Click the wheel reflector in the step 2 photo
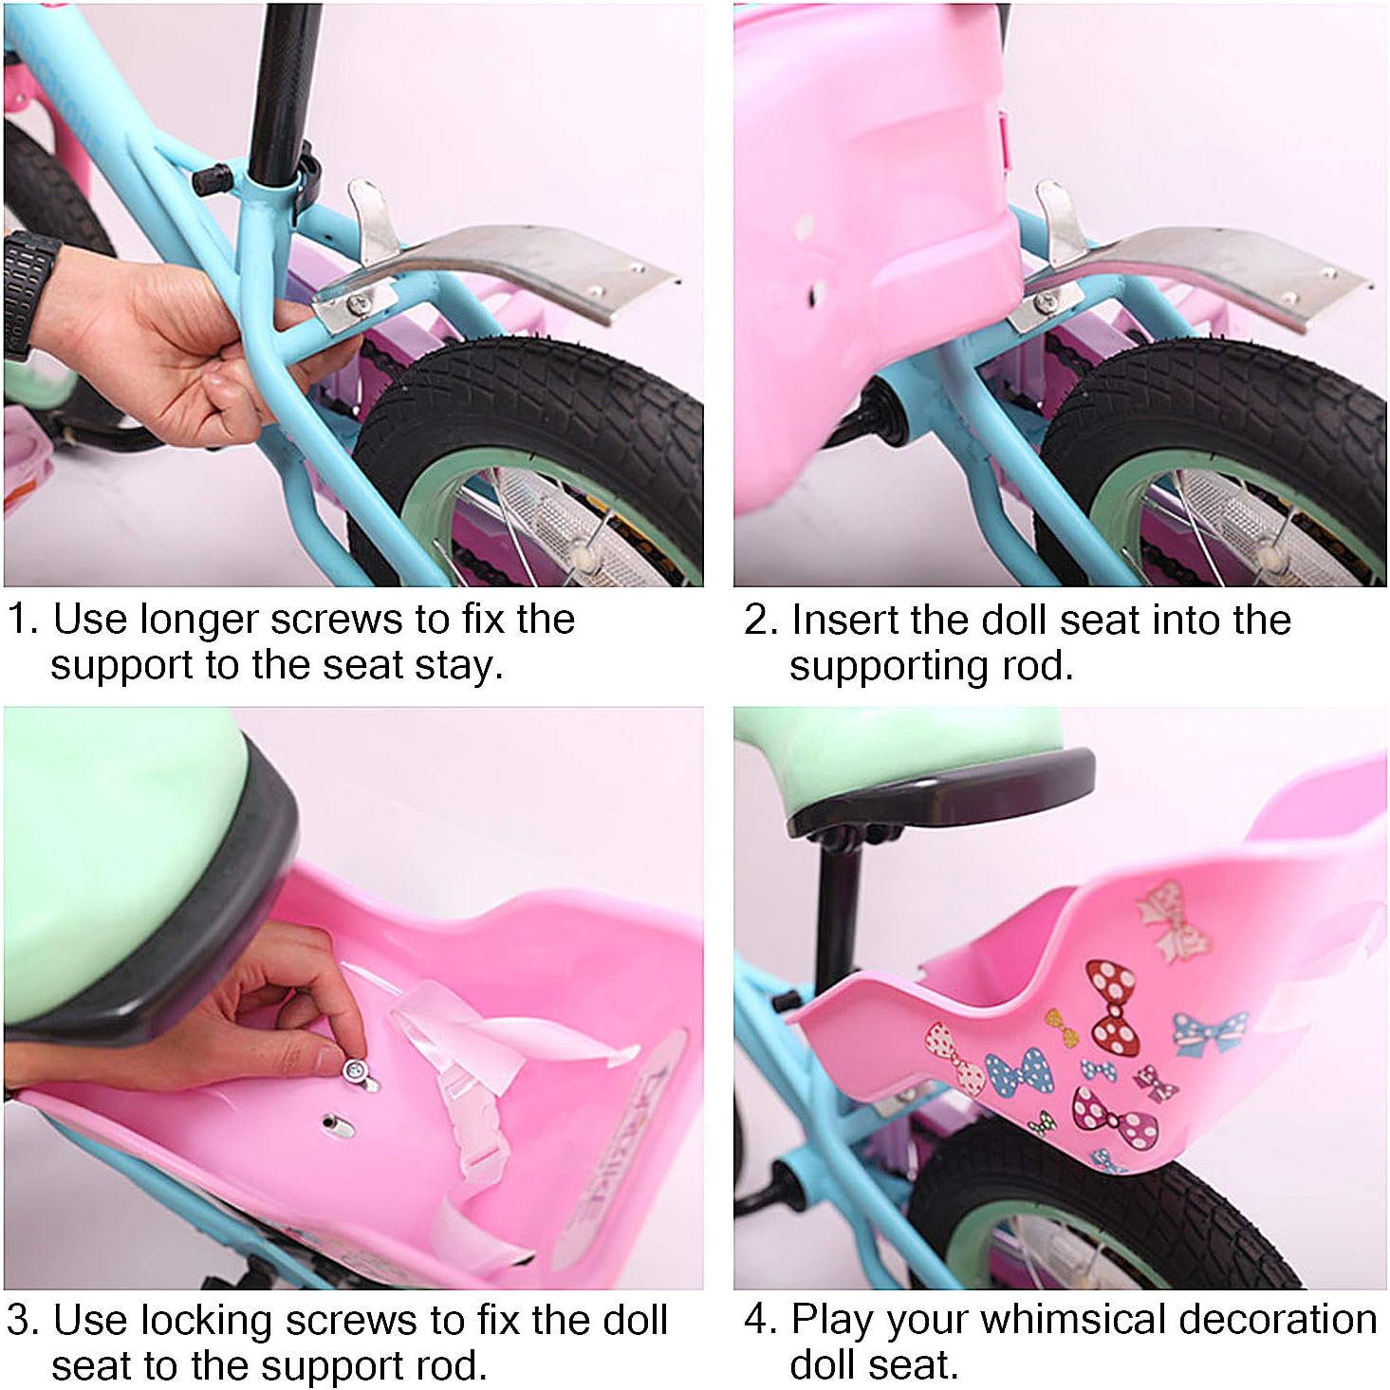(x=1244, y=523)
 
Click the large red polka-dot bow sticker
(x=1114, y=1003)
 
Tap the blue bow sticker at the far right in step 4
(x=1209, y=1032)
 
